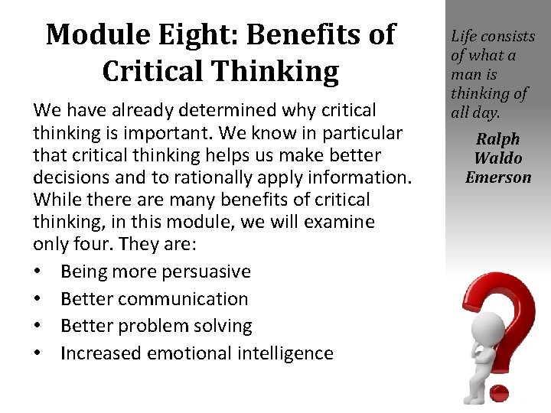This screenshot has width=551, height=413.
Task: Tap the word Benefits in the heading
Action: pyautogui.click(x=306, y=34)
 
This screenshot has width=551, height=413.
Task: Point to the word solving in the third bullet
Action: pyautogui.click(x=223, y=326)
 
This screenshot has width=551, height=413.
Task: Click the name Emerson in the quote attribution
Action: pyautogui.click(x=498, y=177)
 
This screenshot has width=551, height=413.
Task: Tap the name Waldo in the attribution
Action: pyautogui.click(x=498, y=158)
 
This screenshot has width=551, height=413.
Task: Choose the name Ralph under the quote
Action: pyautogui.click(x=498, y=139)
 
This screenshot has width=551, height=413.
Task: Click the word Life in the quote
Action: pyautogui.click(x=464, y=36)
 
